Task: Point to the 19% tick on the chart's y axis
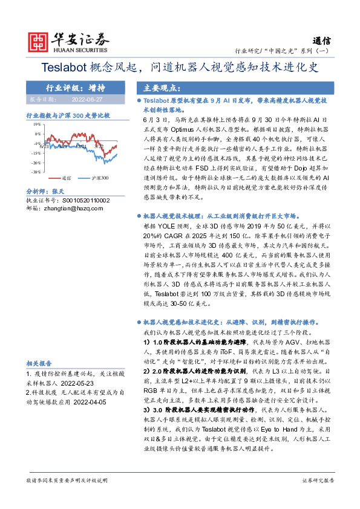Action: (37, 123)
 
